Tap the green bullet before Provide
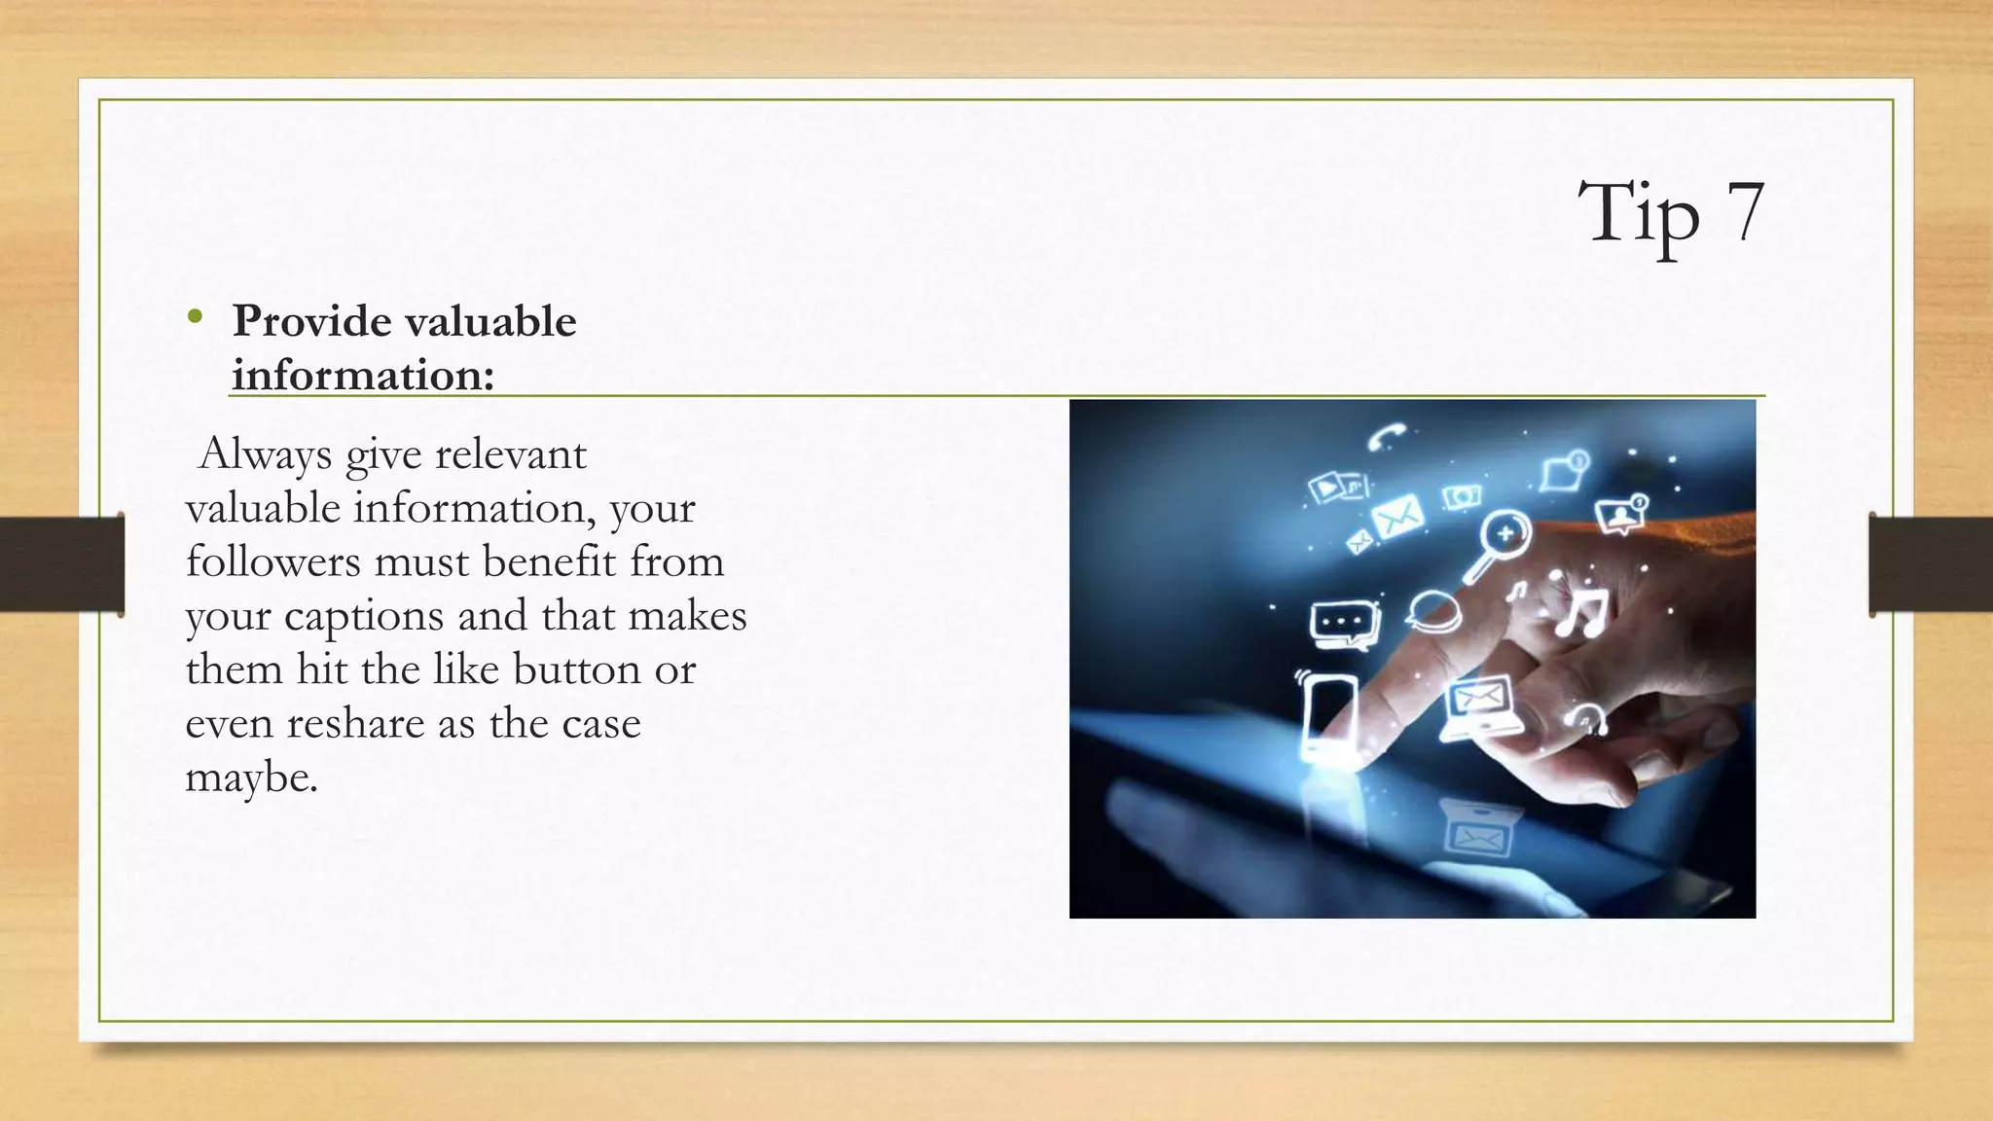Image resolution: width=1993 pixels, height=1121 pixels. pyautogui.click(x=196, y=316)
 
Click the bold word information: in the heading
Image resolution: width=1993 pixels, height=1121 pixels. pyautogui.click(x=363, y=375)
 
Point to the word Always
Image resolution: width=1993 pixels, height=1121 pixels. pyautogui.click(x=265, y=454)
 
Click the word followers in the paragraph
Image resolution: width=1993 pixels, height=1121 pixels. pyautogui.click(x=272, y=561)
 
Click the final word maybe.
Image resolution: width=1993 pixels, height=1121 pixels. pyautogui.click(x=251, y=777)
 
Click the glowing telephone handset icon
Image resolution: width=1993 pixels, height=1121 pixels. pyautogui.click(x=1386, y=436)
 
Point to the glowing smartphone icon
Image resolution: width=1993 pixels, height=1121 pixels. pyautogui.click(x=1327, y=713)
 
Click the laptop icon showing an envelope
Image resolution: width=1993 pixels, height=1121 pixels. pyautogui.click(x=1480, y=705)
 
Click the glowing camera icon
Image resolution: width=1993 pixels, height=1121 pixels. pyautogui.click(x=1462, y=497)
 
